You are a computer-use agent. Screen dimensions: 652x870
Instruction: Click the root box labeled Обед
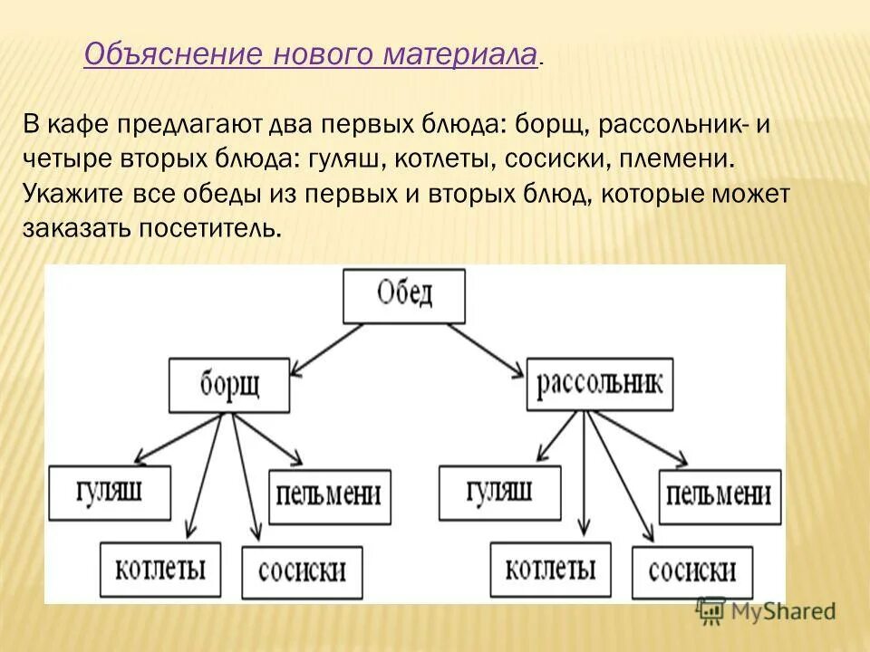[404, 295]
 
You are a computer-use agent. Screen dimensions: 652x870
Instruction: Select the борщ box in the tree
[229, 384]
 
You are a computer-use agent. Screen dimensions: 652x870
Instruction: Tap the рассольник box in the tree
[599, 383]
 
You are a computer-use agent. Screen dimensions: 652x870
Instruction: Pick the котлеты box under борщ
[159, 567]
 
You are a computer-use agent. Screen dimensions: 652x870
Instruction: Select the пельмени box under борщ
[328, 496]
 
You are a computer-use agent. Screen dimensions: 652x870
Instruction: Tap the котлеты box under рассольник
[550, 568]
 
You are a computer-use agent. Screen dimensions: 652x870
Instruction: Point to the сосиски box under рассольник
[692, 571]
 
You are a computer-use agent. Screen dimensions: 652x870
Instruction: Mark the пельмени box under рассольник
[719, 495]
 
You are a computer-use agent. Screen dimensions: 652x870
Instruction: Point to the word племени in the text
[678, 158]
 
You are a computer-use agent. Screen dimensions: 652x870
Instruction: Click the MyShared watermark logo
[766, 610]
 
